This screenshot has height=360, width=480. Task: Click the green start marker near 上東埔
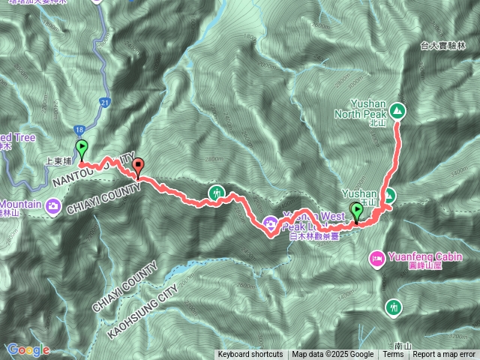pos(81,148)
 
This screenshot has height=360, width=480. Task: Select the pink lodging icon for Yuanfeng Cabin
pos(376,259)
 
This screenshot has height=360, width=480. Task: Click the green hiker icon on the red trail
pos(217,193)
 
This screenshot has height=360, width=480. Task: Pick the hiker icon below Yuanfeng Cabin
pos(393,306)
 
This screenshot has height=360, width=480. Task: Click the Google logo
pos(28,349)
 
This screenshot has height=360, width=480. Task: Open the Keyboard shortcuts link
pos(250,355)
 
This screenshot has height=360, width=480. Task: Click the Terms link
pos(393,355)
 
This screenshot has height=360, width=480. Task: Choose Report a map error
pos(445,355)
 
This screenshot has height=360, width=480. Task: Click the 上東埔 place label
pos(59,159)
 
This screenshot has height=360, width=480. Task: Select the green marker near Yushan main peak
pos(355,211)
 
